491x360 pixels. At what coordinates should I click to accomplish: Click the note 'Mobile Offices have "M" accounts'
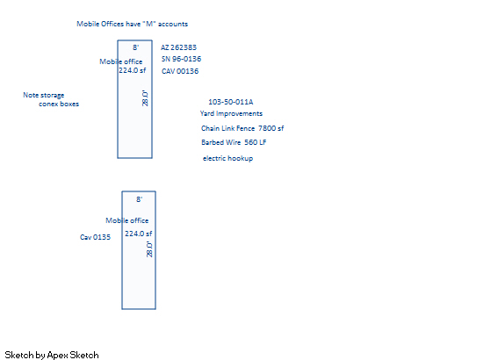[132, 24]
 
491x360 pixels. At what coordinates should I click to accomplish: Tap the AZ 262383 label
[179, 47]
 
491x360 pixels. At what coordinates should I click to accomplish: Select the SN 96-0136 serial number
[181, 59]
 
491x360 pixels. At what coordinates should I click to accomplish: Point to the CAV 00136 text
[180, 71]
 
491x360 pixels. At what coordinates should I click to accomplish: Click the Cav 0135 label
[95, 237]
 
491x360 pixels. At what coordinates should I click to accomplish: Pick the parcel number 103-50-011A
[231, 102]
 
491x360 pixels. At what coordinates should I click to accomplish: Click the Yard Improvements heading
[231, 113]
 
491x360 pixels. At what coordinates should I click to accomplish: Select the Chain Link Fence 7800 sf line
[242, 128]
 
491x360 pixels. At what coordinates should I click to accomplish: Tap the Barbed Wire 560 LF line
[234, 142]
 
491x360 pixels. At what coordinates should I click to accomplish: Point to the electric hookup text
[227, 158]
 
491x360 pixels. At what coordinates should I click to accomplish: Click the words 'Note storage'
[44, 95]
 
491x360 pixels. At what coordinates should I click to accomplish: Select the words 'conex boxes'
[59, 104]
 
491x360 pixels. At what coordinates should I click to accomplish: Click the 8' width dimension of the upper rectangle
[135, 47]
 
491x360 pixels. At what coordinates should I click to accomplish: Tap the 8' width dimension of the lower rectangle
[140, 199]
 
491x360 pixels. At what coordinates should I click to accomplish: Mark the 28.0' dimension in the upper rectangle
[145, 98]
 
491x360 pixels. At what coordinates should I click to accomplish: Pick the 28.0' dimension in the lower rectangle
[149, 249]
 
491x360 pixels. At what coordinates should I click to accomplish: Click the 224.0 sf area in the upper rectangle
[132, 70]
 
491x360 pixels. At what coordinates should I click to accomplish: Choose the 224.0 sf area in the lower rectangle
[139, 234]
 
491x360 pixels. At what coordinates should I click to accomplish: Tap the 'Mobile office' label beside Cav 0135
[126, 220]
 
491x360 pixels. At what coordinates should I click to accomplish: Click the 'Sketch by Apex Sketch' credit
[52, 355]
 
